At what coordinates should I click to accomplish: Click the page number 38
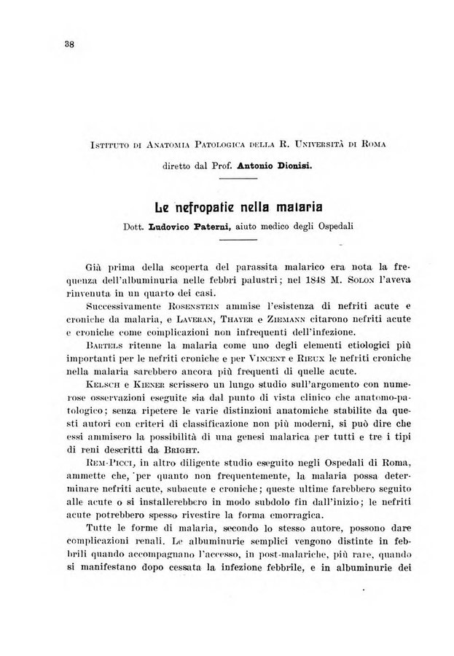coord(70,43)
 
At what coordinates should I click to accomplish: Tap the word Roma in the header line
coord(369,144)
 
